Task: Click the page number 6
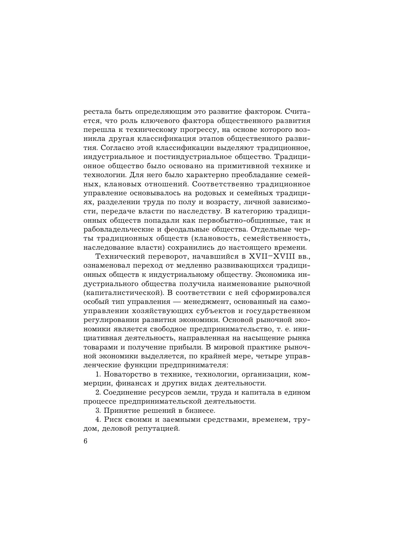(x=85, y=441)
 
